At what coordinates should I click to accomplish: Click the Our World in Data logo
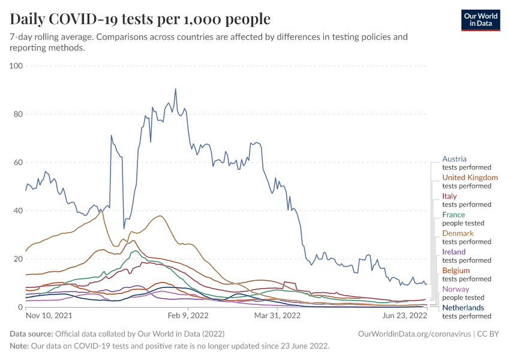click(480, 19)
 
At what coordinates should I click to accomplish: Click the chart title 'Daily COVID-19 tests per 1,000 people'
click(140, 19)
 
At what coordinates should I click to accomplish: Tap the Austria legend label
click(454, 159)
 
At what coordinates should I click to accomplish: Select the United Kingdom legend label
click(470, 178)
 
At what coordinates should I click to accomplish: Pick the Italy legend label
click(449, 196)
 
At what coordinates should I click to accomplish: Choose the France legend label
click(454, 215)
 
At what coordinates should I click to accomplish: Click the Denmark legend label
click(458, 233)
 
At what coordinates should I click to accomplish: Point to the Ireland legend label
click(454, 252)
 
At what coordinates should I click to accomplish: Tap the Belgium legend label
click(456, 271)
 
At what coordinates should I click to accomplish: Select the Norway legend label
click(455, 289)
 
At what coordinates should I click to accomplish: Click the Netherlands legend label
click(463, 308)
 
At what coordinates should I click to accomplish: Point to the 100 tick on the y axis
click(16, 65)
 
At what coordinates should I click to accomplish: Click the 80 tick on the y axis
click(18, 114)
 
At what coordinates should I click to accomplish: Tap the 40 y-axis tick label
click(18, 211)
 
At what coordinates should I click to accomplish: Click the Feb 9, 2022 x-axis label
click(188, 315)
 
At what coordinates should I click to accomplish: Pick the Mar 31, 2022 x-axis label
click(277, 315)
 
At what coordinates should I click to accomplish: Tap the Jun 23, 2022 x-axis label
click(406, 315)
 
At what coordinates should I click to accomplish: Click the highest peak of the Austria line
click(175, 89)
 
